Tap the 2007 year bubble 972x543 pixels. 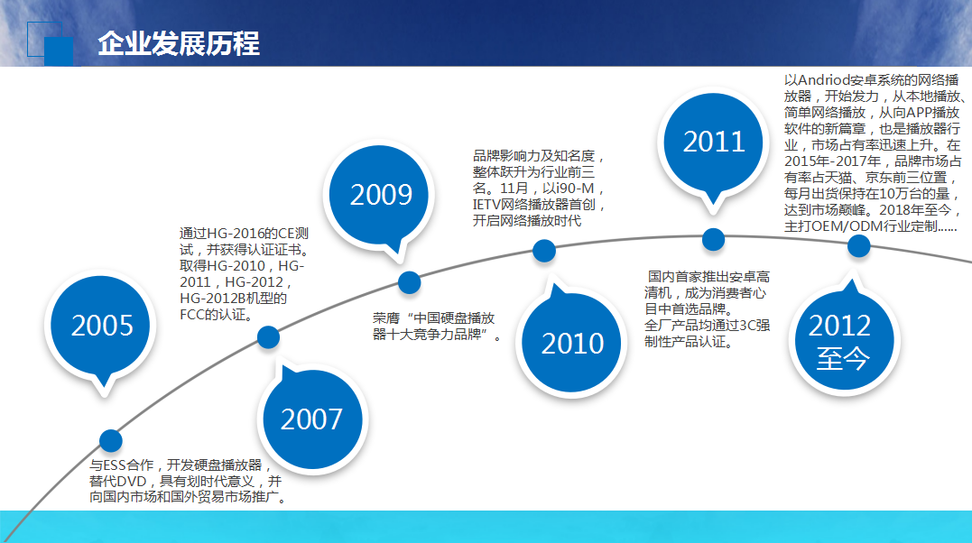click(x=312, y=419)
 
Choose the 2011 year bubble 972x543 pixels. click(x=713, y=142)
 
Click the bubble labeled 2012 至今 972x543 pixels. click(x=843, y=340)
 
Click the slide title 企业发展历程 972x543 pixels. click(x=179, y=43)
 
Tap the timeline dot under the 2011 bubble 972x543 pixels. click(x=713, y=239)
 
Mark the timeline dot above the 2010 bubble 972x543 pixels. click(x=544, y=251)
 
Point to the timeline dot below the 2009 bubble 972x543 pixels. click(x=409, y=282)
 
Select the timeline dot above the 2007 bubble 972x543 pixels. click(x=268, y=337)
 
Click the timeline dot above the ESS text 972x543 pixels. click(x=111, y=441)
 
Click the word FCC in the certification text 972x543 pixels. click(x=192, y=315)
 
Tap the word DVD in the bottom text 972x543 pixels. click(x=132, y=482)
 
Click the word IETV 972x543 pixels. click(x=486, y=205)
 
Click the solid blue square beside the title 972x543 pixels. click(x=59, y=51)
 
